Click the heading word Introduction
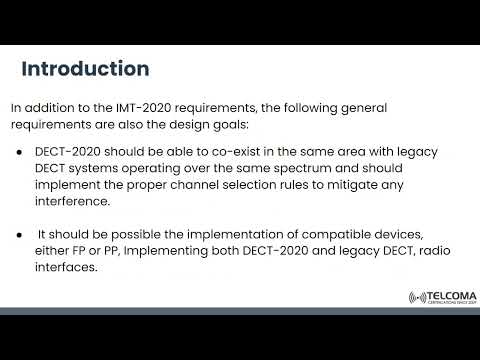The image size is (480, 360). pos(86,69)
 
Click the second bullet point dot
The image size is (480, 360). pos(21,232)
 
